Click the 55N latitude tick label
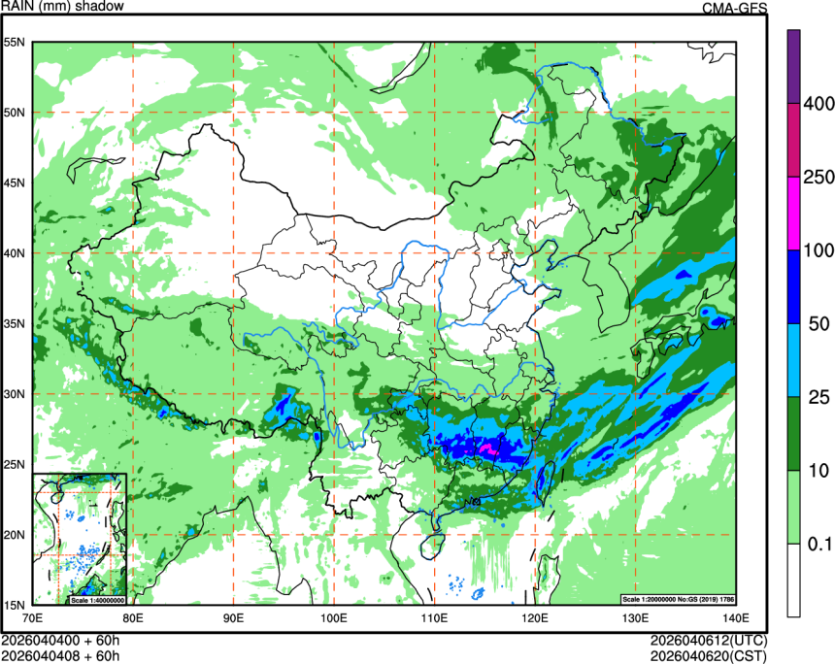pyautogui.click(x=15, y=43)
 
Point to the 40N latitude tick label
pyautogui.click(x=15, y=253)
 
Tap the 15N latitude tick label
pyautogui.click(x=15, y=605)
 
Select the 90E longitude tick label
pyautogui.click(x=233, y=617)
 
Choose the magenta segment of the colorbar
pyautogui.click(x=793, y=213)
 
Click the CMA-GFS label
pyautogui.click(x=734, y=8)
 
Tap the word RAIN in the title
pyautogui.click(x=19, y=7)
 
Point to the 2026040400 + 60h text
pyautogui.click(x=60, y=641)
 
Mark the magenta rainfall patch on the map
pyautogui.click(x=489, y=449)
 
